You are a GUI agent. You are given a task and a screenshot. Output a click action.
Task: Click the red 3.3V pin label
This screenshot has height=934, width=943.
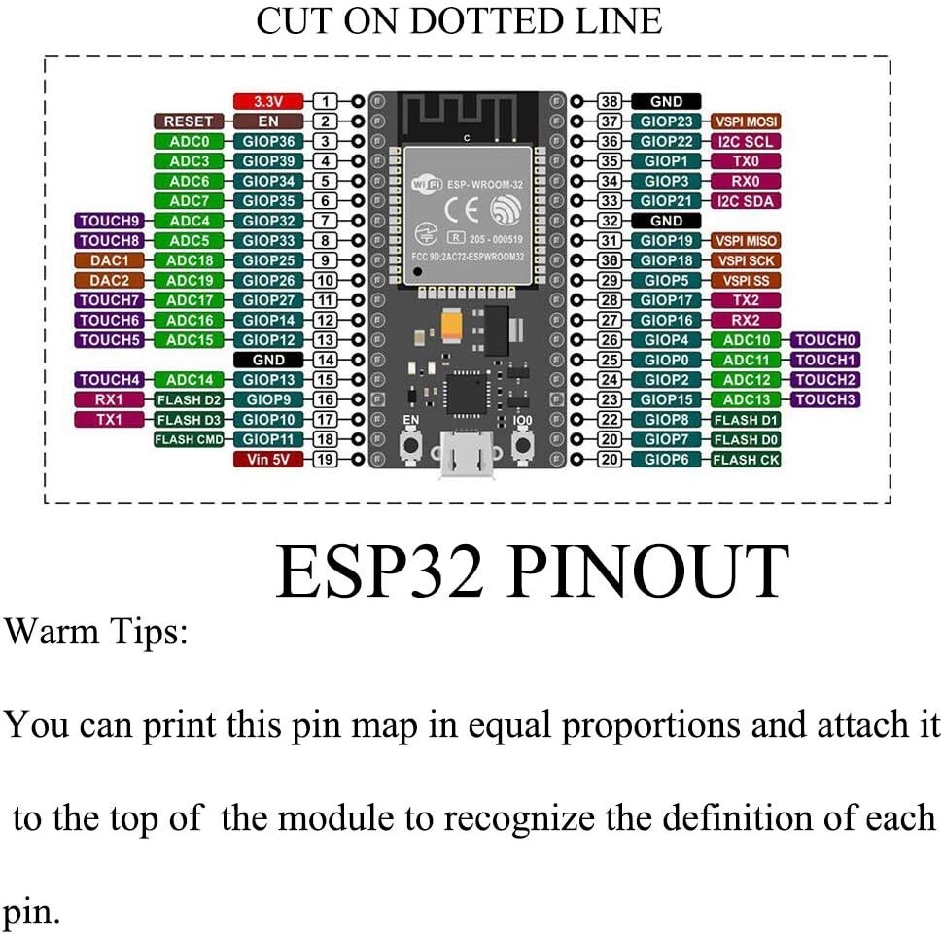point(267,101)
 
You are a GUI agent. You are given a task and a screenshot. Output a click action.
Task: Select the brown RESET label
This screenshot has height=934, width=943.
point(188,121)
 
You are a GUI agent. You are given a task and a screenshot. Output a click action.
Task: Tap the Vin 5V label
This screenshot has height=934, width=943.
point(267,459)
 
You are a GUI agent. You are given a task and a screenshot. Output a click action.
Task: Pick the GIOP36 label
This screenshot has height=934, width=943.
point(267,141)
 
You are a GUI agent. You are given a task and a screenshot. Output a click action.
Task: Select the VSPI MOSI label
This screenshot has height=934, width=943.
point(746,121)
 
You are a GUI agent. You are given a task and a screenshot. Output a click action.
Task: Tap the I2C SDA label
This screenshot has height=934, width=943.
point(746,201)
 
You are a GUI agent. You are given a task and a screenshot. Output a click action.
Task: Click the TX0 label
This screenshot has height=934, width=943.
point(746,161)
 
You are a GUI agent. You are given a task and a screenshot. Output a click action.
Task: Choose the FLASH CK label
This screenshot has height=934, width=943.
point(746,459)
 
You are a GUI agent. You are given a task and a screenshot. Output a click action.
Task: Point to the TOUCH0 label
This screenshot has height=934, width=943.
point(825,340)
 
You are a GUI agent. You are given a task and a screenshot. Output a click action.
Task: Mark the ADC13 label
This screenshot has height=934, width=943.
point(746,399)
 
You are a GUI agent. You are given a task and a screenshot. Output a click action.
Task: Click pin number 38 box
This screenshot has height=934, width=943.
point(610,101)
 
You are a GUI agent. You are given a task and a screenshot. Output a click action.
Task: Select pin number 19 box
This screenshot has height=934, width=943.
point(325,459)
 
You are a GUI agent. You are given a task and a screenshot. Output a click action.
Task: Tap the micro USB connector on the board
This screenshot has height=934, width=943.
point(467,455)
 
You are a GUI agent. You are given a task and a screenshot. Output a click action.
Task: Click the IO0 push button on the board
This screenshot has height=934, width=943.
point(525,445)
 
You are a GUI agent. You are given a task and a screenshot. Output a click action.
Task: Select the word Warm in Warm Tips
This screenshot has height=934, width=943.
point(49,632)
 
